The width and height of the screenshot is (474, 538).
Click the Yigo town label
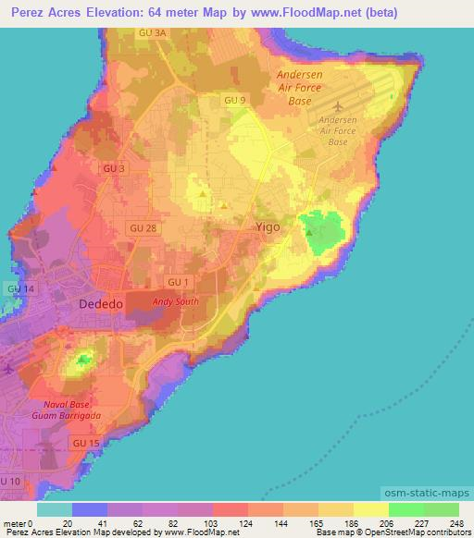pyautogui.click(x=268, y=225)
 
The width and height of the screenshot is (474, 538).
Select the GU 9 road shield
pyautogui.click(x=234, y=99)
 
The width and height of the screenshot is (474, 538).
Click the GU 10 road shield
pyautogui.click(x=10, y=482)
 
